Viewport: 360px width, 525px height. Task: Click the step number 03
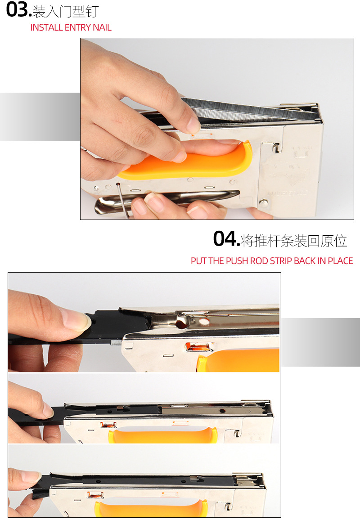point(18,10)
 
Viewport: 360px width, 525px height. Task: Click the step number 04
point(226,239)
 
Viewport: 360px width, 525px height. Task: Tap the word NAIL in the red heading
point(102,27)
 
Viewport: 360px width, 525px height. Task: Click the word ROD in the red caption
point(259,261)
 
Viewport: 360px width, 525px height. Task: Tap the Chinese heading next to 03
point(66,11)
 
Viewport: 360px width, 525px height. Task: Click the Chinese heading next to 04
point(294,241)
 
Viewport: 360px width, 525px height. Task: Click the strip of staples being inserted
point(248,111)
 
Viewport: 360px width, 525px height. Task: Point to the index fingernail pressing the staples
point(193,125)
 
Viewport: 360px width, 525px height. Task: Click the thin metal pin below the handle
point(123,200)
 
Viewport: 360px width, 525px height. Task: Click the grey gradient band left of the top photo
point(40,117)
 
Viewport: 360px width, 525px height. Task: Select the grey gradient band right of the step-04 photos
point(320,342)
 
